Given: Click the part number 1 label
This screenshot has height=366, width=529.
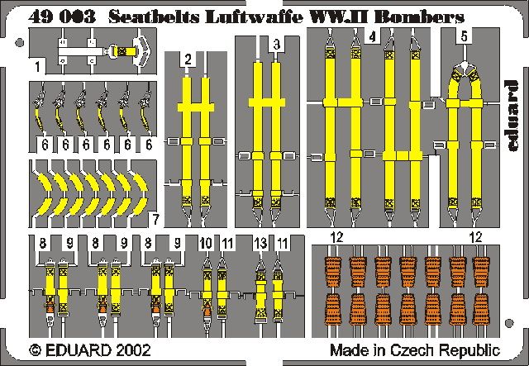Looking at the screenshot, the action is tap(38, 66).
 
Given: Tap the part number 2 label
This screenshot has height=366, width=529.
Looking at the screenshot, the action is tap(188, 59).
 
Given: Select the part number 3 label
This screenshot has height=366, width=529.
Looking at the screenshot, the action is tap(277, 45).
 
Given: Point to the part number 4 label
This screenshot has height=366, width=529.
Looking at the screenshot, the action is tap(373, 36).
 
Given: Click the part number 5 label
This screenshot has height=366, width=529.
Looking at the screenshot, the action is tap(465, 36).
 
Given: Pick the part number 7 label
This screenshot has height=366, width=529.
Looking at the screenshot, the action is tap(155, 220).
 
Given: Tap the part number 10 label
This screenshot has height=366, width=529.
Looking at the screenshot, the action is tap(206, 243).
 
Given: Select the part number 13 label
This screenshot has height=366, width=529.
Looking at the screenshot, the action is tap(261, 243).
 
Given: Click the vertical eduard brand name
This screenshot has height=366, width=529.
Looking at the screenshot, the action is tap(510, 116).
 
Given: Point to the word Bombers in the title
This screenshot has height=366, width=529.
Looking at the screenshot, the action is tap(419, 17).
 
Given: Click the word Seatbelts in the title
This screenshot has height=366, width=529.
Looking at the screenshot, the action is tap(155, 17).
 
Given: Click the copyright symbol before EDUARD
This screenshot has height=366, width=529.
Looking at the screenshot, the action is tap(35, 350).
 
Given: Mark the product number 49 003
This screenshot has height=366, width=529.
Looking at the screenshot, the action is tap(62, 17).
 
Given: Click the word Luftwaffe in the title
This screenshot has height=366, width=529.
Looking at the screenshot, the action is tap(253, 17).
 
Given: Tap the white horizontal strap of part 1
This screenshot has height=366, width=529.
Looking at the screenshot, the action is tap(81, 51).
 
